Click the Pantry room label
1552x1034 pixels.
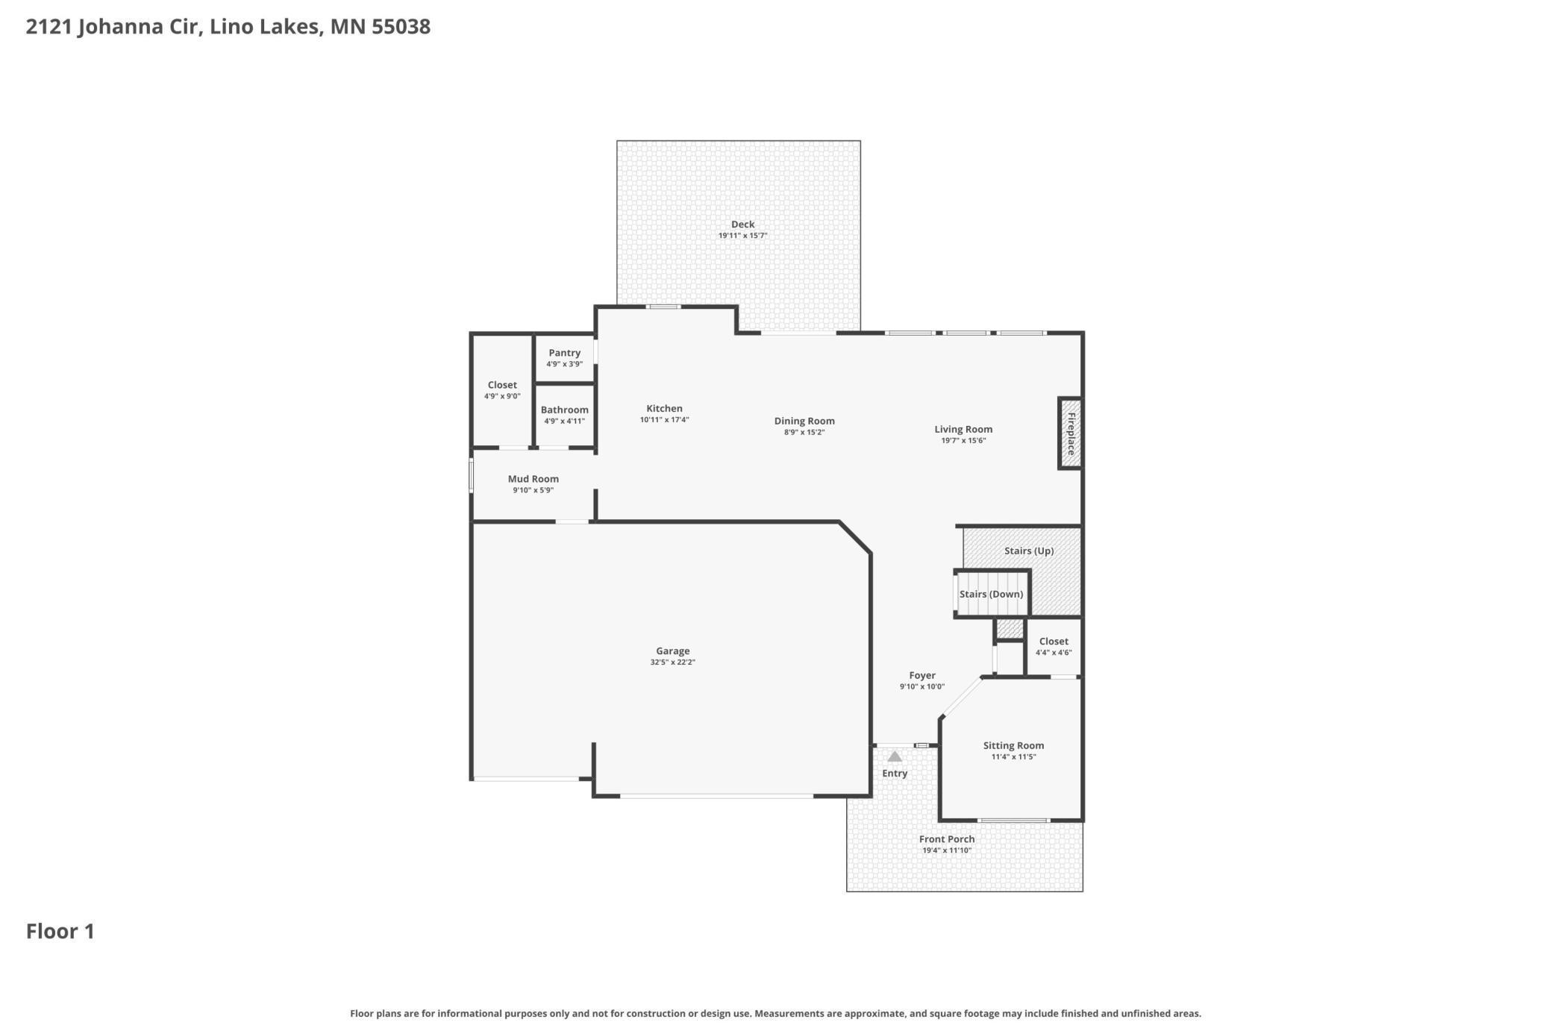pos(564,353)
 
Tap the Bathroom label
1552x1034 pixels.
pos(564,410)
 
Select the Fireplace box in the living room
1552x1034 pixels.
pos(1071,433)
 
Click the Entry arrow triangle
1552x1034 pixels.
pos(895,756)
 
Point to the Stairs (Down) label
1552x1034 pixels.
pos(991,594)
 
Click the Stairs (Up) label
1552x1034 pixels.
pos(1029,551)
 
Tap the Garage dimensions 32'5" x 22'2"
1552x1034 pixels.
pos(672,662)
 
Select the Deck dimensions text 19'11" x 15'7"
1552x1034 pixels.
pos(742,236)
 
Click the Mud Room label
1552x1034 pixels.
pos(533,479)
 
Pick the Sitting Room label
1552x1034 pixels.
pos(1013,745)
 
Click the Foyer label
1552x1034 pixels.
pos(922,675)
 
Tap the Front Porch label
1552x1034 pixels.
pos(947,839)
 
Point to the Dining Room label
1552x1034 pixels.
pos(804,421)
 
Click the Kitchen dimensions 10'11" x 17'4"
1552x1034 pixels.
pos(664,420)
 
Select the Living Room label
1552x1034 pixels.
pos(963,429)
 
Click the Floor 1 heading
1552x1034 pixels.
pos(60,931)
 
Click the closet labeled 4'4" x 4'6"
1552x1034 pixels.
pos(1054,646)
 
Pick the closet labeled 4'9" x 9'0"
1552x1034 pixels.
pos(502,390)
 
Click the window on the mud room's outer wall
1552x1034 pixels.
pos(471,476)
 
